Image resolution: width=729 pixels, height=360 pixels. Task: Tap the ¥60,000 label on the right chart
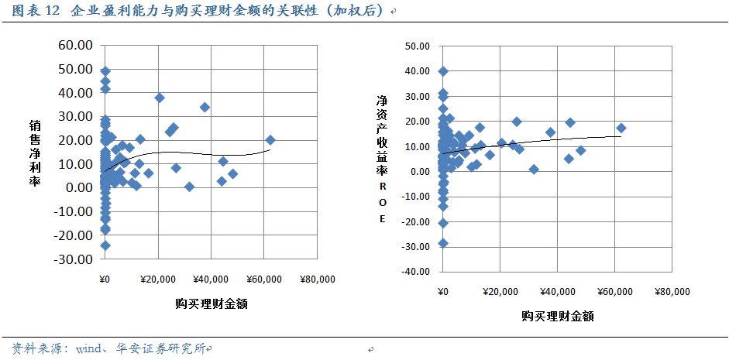pos(614,292)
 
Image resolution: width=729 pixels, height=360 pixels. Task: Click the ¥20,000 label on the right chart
pos(499,292)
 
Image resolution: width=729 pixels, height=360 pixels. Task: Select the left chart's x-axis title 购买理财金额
pos(211,303)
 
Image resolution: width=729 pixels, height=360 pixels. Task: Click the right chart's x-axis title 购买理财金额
pos(557,316)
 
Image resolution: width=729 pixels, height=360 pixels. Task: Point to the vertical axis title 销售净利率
pos(36,153)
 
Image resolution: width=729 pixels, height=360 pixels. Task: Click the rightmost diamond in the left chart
pos(270,140)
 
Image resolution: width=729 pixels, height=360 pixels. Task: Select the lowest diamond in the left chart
pos(105,245)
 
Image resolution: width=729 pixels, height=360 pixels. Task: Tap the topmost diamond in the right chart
pos(443,71)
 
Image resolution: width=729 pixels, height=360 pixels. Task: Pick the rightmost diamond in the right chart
pos(621,128)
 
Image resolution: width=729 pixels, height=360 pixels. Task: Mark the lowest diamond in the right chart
pos(443,242)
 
